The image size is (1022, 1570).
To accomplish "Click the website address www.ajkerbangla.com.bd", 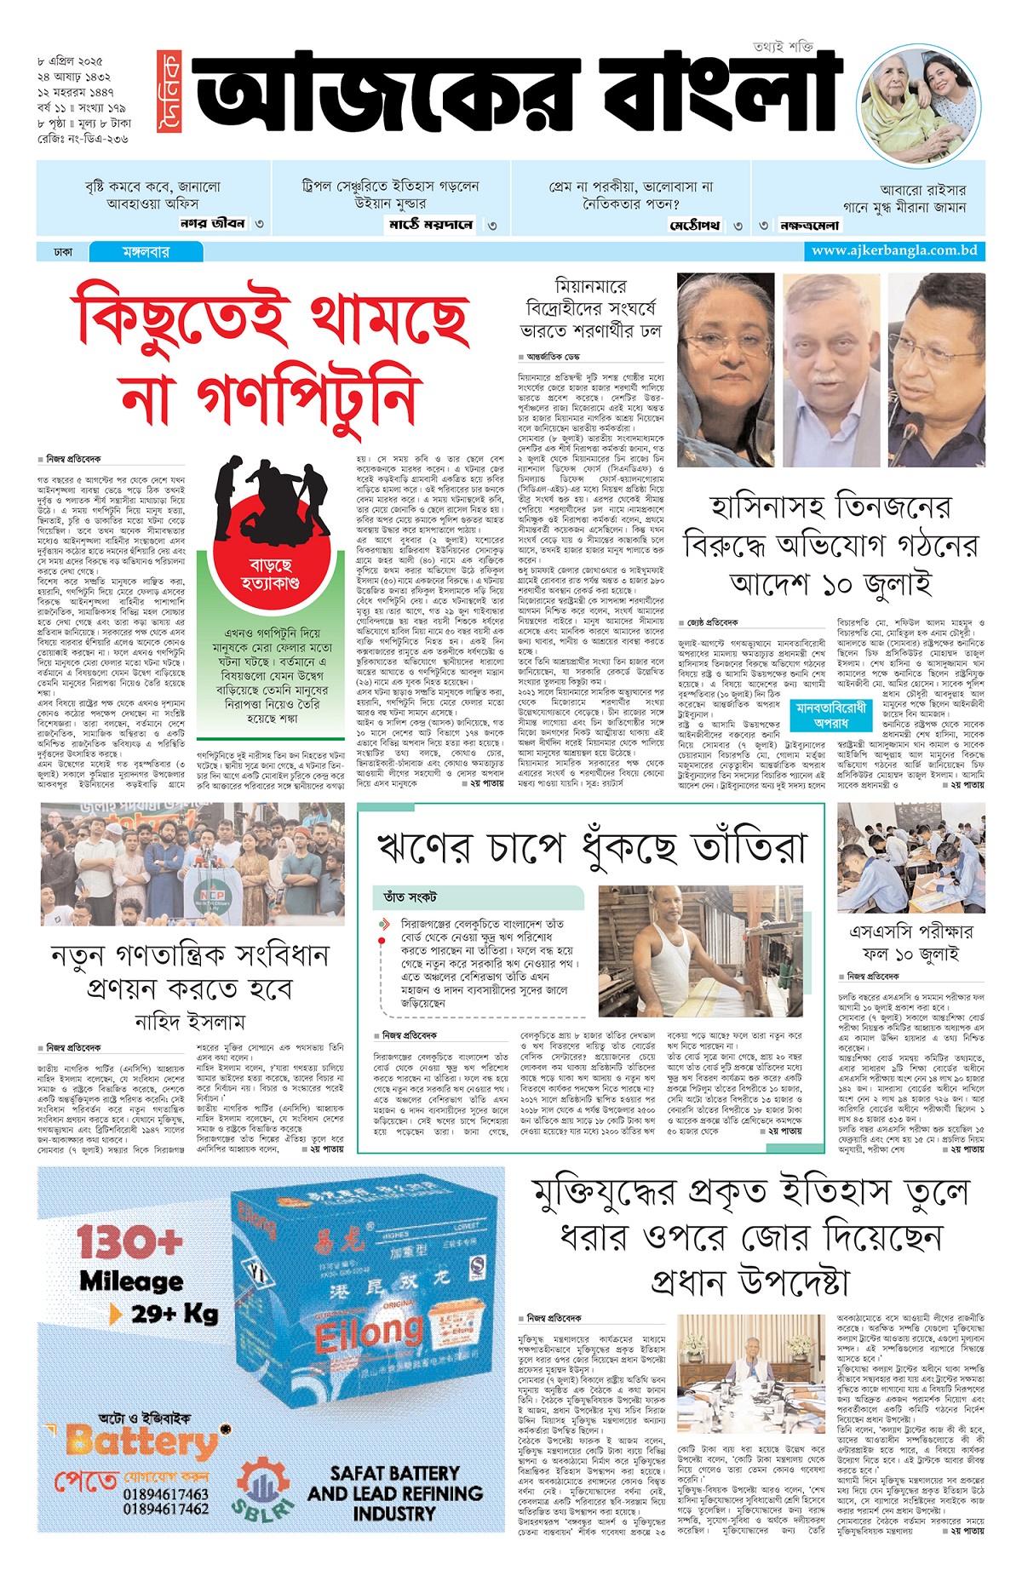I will [893, 250].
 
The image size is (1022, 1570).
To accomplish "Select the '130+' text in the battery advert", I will [129, 1241].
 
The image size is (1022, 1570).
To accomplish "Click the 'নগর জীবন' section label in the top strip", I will [212, 224].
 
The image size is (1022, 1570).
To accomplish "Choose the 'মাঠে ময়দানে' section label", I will [430, 225].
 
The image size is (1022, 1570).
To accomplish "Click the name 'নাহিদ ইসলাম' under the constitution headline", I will [190, 1021].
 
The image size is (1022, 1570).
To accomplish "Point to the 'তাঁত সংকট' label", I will [411, 897].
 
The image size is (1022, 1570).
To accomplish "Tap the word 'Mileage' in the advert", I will [131, 1281].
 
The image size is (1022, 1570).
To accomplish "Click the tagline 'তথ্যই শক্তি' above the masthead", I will [783, 45].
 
